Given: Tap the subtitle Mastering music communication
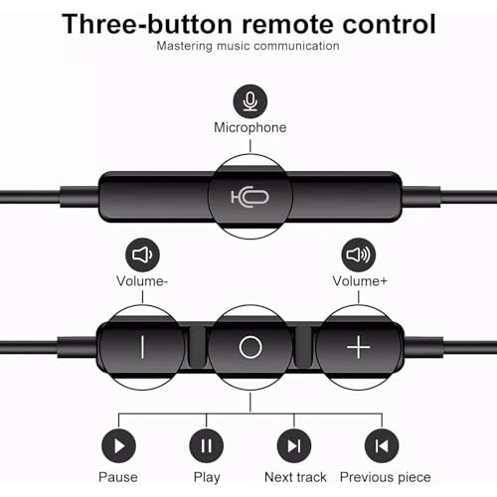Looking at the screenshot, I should [248, 46].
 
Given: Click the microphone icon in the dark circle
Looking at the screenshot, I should [249, 100].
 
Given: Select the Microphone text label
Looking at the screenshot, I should [249, 127].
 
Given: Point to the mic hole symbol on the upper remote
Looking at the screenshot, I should [249, 195].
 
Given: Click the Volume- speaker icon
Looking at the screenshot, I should [142, 254].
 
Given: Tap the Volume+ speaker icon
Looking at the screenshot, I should [358, 254].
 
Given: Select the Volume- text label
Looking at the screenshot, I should [142, 281].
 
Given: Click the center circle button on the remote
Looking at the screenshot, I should [250, 347].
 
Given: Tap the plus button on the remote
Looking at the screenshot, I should [358, 347].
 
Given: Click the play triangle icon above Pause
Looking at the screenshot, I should [119, 445].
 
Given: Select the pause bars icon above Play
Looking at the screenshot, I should [206, 445].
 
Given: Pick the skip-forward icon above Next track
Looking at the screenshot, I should [292, 445].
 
